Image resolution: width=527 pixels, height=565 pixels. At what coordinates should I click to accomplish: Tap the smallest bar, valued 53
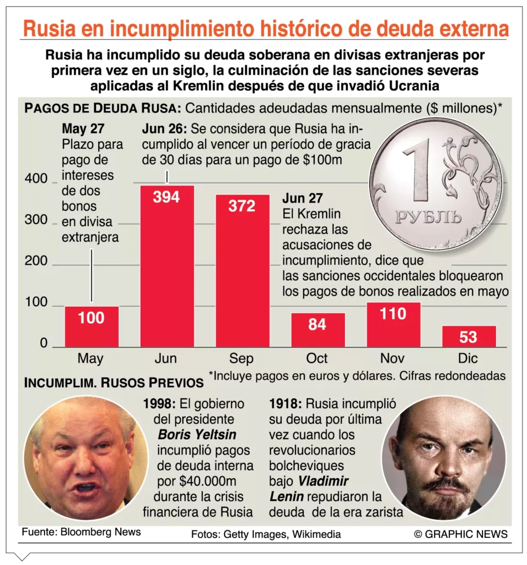(469, 336)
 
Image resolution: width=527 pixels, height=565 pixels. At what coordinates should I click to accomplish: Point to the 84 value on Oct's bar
(317, 324)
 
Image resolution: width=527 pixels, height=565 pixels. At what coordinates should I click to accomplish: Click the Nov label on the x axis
(392, 359)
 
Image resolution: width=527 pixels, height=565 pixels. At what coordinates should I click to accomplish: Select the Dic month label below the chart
(468, 359)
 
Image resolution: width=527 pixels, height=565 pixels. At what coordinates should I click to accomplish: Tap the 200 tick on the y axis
(36, 260)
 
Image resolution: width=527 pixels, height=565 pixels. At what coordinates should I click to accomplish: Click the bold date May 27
(82, 129)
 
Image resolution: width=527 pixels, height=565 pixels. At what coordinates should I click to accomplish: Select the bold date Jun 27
(303, 199)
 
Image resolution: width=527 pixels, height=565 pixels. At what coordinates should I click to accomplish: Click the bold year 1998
(156, 403)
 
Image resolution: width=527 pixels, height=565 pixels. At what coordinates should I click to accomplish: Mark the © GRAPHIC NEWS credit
(461, 534)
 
